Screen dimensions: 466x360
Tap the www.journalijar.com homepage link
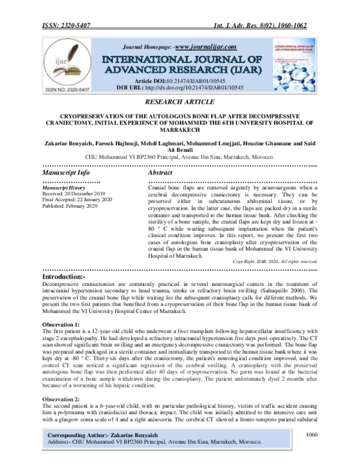click(x=204, y=47)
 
